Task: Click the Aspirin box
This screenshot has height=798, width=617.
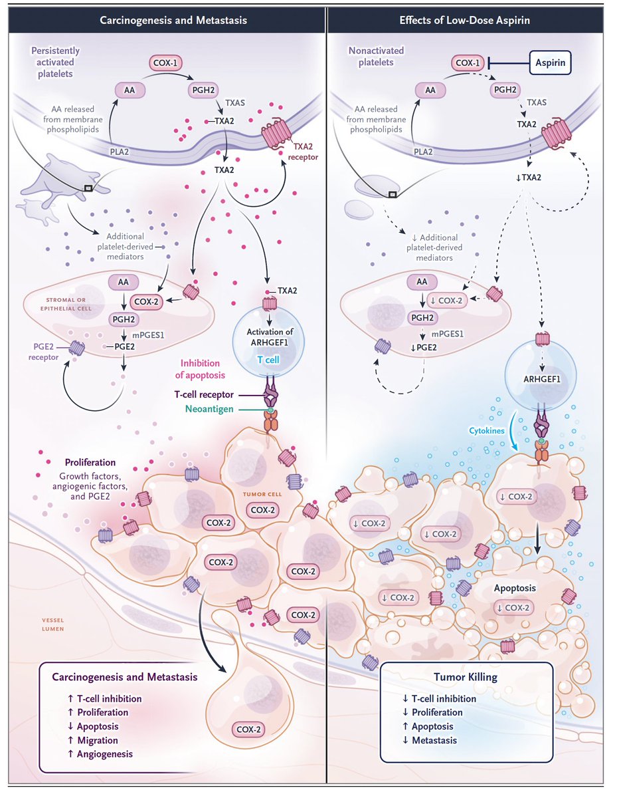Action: (x=550, y=63)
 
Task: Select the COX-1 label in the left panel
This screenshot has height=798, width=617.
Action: (x=165, y=63)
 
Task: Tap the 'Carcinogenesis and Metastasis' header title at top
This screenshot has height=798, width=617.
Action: (x=173, y=20)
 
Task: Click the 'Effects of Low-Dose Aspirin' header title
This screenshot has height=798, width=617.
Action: (x=464, y=20)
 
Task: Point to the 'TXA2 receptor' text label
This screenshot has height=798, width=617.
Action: (x=303, y=152)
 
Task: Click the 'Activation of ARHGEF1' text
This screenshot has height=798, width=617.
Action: (x=270, y=337)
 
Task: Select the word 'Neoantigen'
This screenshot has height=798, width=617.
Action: (x=209, y=409)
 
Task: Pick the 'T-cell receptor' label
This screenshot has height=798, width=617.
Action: (x=204, y=394)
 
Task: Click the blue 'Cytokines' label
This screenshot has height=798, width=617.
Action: (x=486, y=430)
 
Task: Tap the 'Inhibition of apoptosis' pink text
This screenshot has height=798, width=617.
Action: (x=200, y=369)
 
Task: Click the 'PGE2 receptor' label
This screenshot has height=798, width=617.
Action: (x=44, y=352)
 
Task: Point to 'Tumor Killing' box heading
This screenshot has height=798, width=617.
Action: (x=466, y=677)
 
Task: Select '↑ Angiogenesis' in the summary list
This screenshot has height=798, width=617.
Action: (x=100, y=754)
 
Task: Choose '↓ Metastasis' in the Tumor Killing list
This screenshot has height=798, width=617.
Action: (x=430, y=740)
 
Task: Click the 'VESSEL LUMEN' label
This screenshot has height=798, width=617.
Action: (x=52, y=624)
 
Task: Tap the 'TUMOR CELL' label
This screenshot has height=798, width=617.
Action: (x=262, y=494)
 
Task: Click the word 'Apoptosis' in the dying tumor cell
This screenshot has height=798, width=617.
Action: (x=515, y=588)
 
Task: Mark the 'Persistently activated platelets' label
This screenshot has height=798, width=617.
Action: (x=55, y=62)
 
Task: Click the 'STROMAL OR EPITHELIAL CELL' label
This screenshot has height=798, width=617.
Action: (x=66, y=304)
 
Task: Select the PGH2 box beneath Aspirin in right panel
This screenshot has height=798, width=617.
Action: (x=505, y=90)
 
